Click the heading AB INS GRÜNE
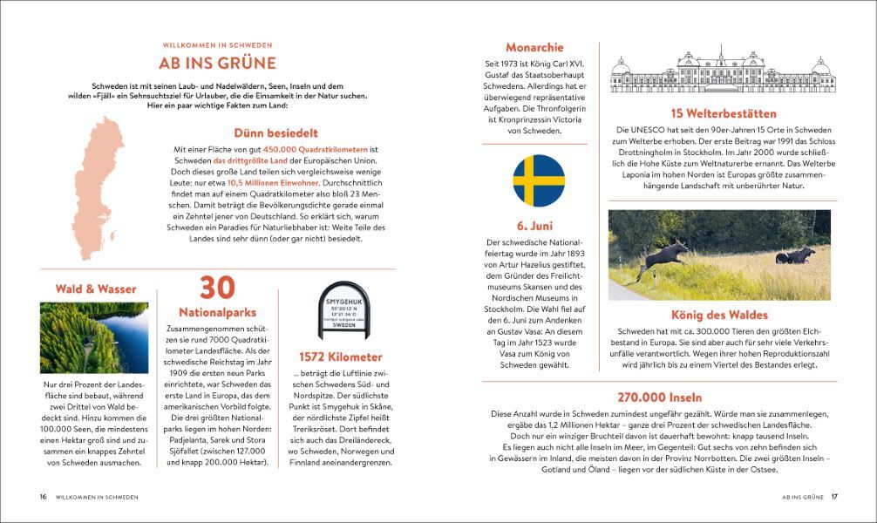click(217, 63)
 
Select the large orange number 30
click(219, 289)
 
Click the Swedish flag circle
click(538, 180)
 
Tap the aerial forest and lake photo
click(93, 337)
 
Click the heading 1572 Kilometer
click(340, 357)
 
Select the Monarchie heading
click(534, 47)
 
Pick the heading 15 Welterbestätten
click(723, 113)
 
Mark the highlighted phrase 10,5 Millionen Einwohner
click(272, 184)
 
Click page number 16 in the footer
click(42, 497)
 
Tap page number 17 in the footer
click(833, 497)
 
